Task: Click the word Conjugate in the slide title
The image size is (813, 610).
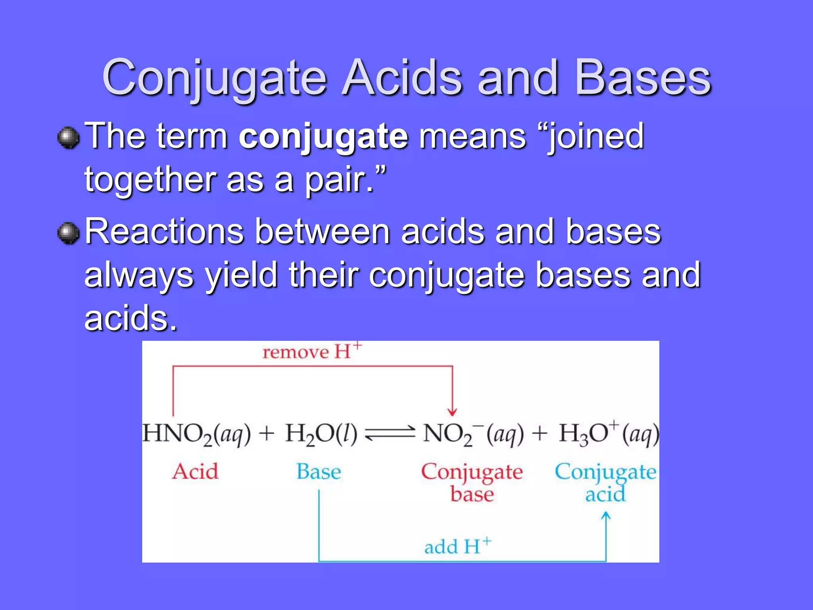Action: click(214, 78)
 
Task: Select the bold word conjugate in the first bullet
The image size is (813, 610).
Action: click(323, 137)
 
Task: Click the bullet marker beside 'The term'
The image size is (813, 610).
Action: click(69, 138)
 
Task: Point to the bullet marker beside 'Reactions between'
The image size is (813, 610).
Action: click(69, 233)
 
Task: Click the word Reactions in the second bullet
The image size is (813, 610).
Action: click(164, 232)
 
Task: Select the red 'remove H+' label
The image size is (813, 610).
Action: click(312, 351)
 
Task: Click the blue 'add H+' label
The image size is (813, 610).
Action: click(457, 546)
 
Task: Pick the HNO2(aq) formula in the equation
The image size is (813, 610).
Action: click(197, 434)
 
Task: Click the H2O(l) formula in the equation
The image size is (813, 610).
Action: click(321, 434)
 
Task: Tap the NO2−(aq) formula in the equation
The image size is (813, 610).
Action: click(472, 434)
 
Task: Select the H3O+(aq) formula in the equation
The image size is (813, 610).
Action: click(608, 434)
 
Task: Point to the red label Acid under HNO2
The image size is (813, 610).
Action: click(195, 472)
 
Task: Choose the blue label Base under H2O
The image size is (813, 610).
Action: click(319, 472)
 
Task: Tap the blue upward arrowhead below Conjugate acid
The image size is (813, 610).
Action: click(606, 516)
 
